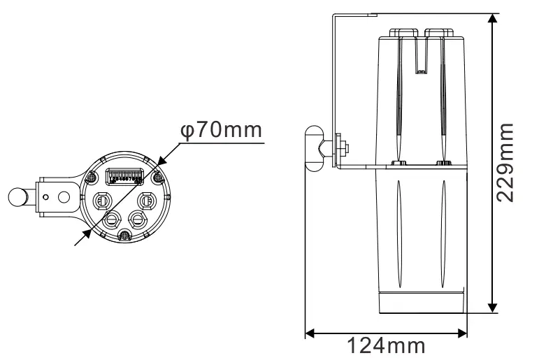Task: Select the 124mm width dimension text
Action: [x=387, y=345]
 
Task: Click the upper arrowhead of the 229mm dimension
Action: [x=494, y=20]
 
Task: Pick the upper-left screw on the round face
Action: [x=91, y=178]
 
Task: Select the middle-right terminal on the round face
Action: [x=147, y=201]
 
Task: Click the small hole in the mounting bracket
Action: [x=45, y=197]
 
